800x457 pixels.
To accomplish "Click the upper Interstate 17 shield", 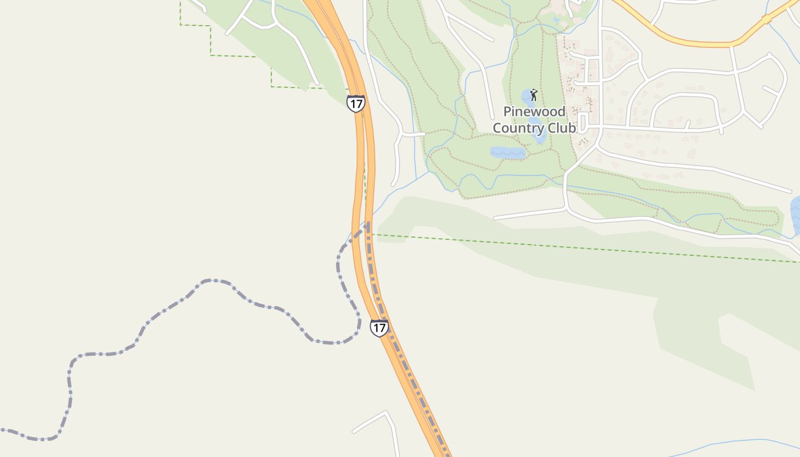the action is coord(355,103).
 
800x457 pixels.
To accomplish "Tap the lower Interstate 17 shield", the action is coord(379,328).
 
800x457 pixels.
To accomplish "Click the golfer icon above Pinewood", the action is coord(534,95).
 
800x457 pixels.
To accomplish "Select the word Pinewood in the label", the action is coord(534,111).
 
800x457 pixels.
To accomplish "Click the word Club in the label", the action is coord(562,128).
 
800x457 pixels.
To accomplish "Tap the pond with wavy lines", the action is coord(507,153).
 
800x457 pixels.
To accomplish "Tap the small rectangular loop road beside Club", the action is coord(583,122).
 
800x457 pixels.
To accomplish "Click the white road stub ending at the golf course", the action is coord(413,134).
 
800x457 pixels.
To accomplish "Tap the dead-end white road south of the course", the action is coord(529,214).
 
